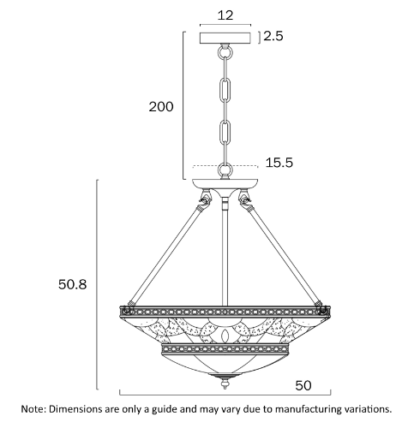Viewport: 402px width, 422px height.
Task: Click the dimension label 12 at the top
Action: (x=225, y=15)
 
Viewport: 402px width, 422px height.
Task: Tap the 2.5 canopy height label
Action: (x=273, y=36)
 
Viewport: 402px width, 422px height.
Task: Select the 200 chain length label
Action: (x=161, y=107)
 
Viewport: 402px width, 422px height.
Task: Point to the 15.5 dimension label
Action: (x=279, y=163)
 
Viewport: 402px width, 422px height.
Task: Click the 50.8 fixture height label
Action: (x=72, y=284)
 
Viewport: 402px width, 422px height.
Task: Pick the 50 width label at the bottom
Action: (x=303, y=385)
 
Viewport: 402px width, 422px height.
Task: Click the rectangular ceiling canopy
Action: (x=225, y=38)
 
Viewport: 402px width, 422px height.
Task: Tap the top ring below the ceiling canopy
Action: (x=225, y=52)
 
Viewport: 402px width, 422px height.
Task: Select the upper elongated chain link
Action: (x=225, y=89)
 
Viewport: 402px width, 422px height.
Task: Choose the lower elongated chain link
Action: (x=225, y=133)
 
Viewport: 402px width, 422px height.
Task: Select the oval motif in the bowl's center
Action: (x=225, y=336)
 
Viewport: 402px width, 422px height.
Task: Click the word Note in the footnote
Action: (x=33, y=409)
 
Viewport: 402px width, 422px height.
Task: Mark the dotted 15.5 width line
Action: (x=225, y=165)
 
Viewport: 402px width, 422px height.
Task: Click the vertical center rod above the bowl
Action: (x=225, y=251)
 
